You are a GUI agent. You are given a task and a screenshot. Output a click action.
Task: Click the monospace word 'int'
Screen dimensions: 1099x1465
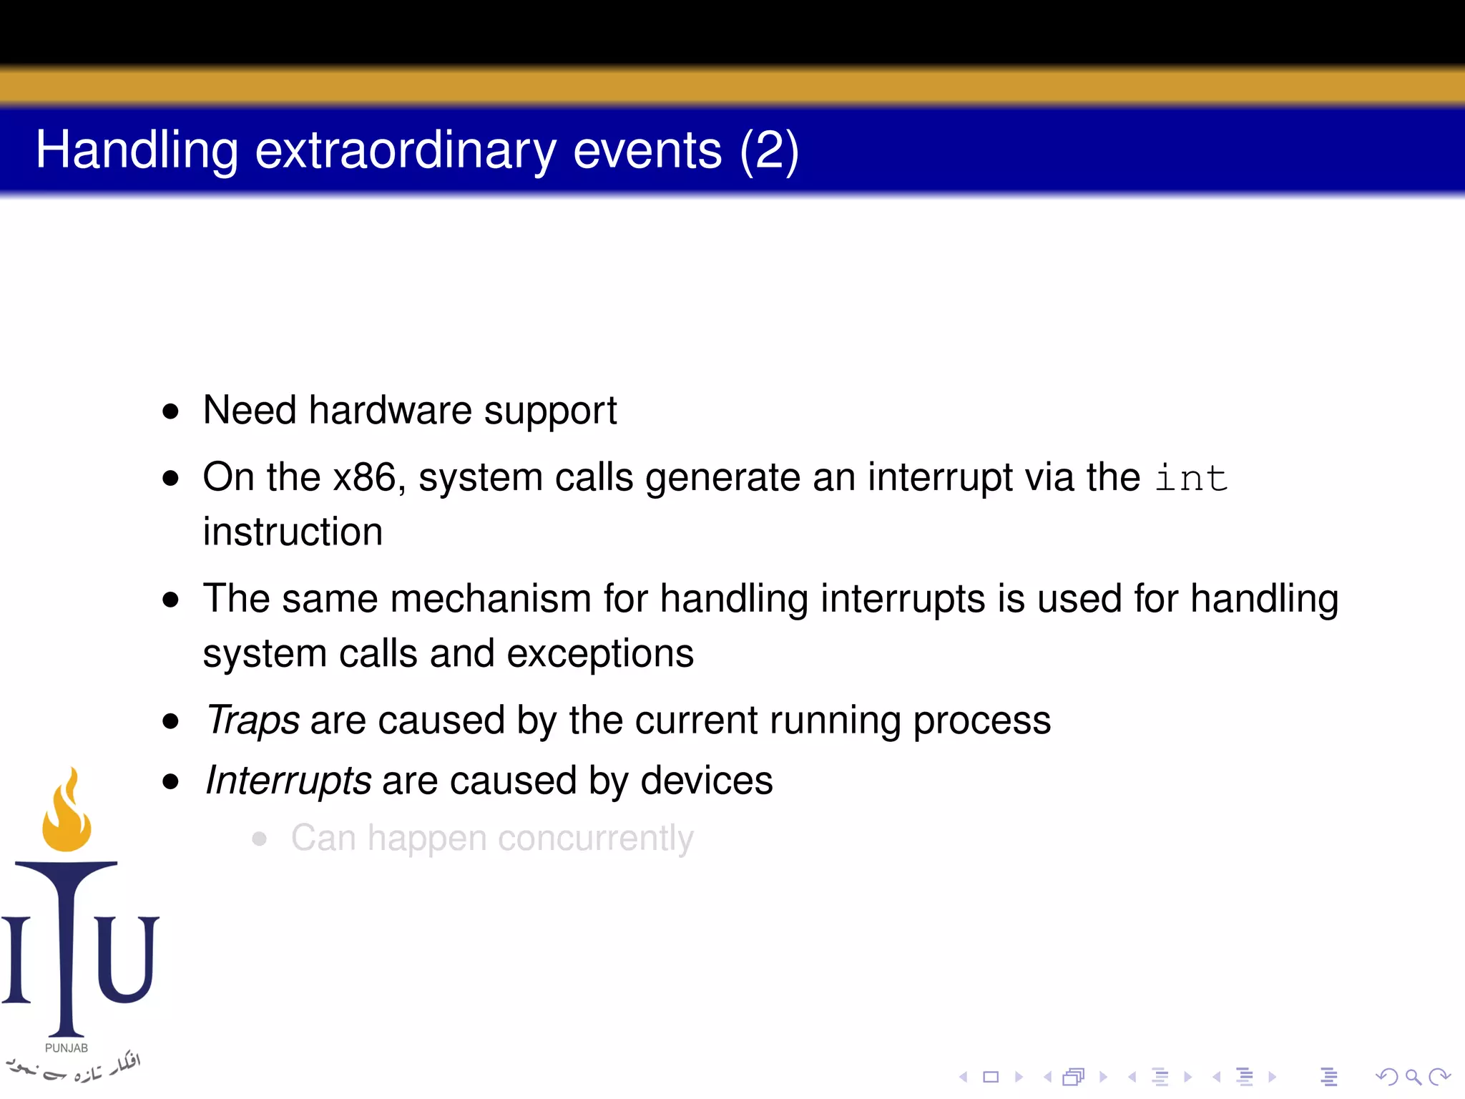(1191, 478)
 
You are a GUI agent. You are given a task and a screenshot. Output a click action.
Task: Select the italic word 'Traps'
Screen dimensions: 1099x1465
(253, 720)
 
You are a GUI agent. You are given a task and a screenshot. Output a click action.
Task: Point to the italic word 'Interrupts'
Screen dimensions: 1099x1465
(288, 780)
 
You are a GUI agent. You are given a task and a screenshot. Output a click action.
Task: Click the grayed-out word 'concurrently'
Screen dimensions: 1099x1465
(595, 838)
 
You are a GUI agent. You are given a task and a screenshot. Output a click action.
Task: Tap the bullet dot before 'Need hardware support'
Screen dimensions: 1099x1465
(170, 411)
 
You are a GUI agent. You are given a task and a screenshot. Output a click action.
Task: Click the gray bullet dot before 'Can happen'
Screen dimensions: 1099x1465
(259, 839)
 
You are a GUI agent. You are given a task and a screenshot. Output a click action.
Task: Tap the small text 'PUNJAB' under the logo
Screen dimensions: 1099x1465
(66, 1047)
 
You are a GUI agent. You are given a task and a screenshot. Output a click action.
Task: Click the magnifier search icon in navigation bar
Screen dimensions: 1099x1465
(1413, 1077)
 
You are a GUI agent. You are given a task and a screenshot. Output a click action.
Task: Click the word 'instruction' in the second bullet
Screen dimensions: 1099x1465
(293, 532)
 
